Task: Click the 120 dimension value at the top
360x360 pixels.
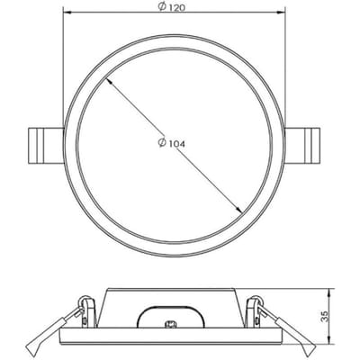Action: [x=175, y=8]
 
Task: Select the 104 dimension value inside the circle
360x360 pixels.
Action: [x=175, y=144]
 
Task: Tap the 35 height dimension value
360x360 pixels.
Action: [x=325, y=316]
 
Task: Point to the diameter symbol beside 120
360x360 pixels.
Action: [x=162, y=6]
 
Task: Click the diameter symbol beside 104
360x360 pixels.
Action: [x=162, y=143]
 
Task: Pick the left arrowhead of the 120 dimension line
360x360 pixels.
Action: [x=67, y=13]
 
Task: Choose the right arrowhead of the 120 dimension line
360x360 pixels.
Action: [x=281, y=13]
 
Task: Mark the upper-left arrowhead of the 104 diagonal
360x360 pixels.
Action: [x=109, y=79]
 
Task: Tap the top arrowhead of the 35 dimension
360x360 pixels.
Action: [x=330, y=292]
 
